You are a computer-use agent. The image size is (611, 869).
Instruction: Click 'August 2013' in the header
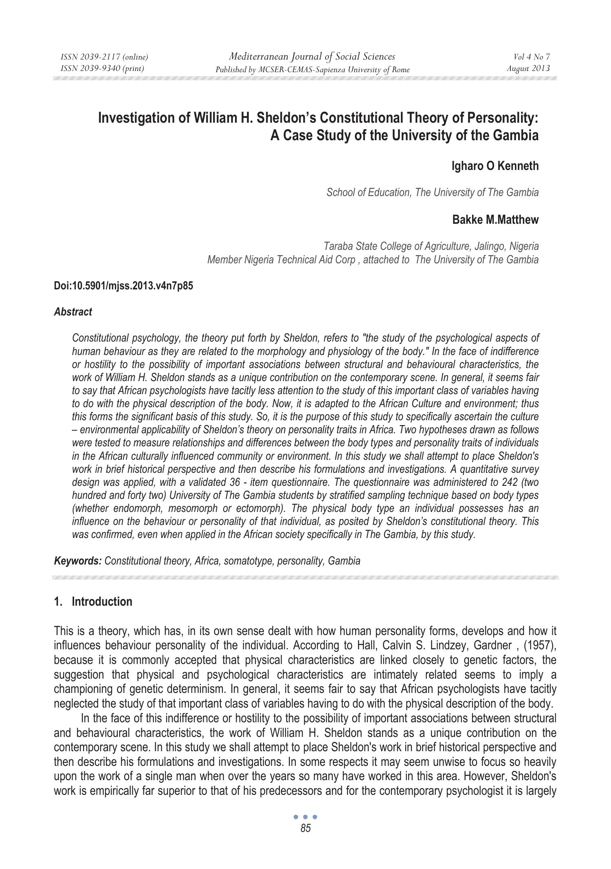(x=528, y=68)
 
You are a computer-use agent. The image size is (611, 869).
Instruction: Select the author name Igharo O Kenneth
(x=495, y=166)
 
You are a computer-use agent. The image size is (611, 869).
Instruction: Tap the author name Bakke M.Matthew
(x=495, y=220)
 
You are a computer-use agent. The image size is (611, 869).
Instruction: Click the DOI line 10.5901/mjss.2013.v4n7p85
(x=123, y=286)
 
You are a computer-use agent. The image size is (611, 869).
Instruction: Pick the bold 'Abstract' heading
(x=73, y=312)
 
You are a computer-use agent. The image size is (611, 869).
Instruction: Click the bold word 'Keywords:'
(x=78, y=561)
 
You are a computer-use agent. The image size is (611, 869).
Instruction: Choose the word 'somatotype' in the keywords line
(x=248, y=561)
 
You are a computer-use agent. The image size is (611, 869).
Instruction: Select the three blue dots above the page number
(x=305, y=817)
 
